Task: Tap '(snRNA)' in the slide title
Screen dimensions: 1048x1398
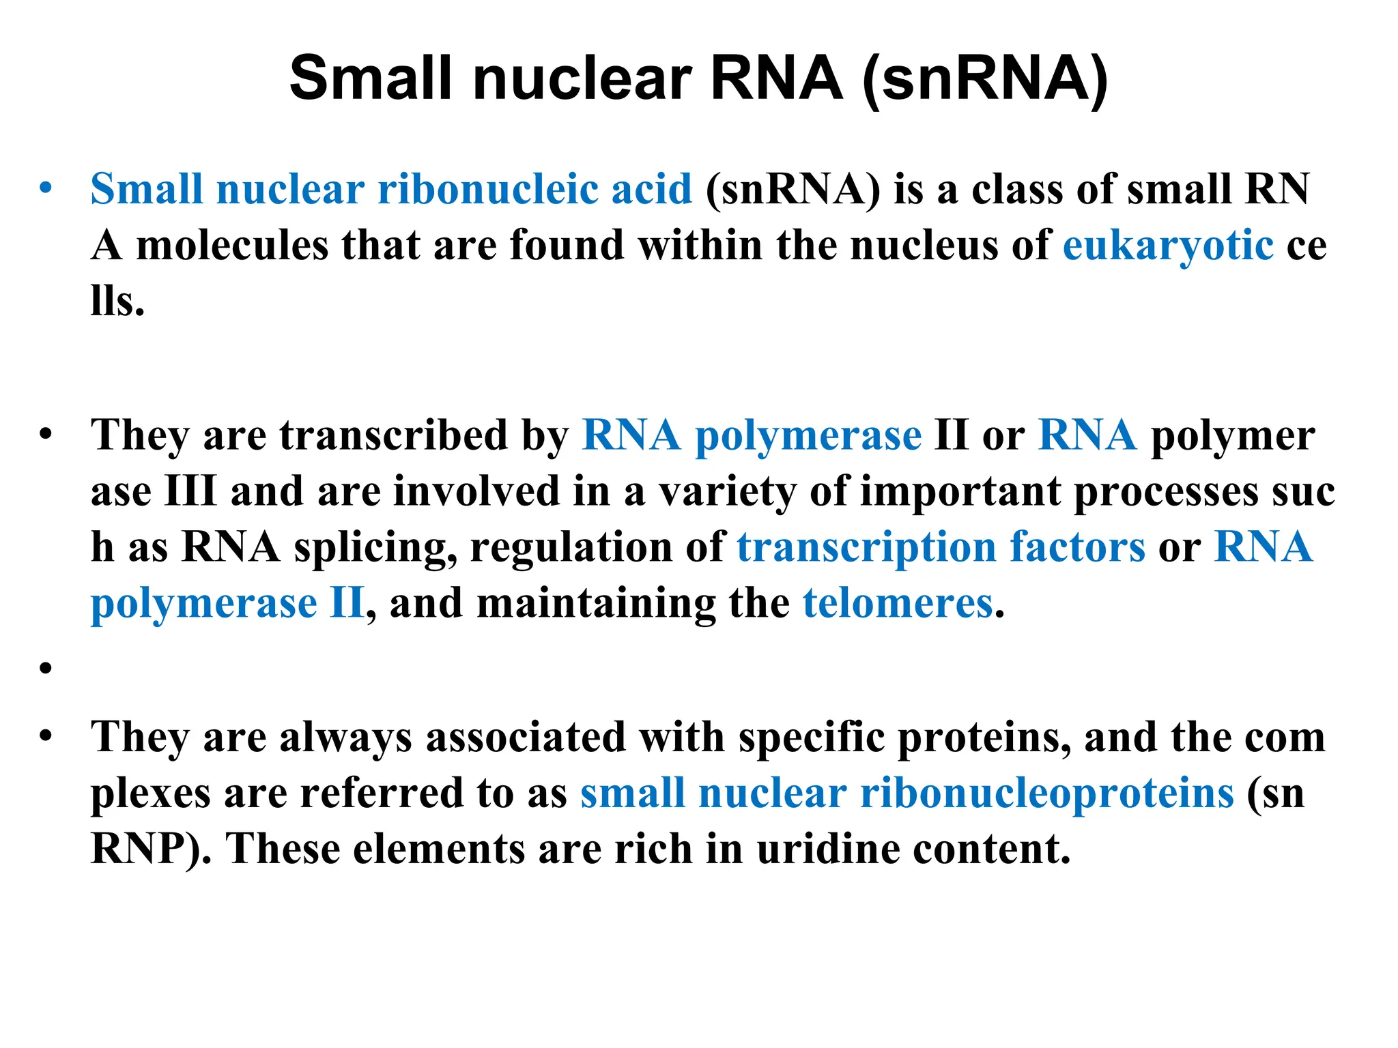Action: coord(985,80)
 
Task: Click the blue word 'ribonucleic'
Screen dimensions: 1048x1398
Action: coord(487,189)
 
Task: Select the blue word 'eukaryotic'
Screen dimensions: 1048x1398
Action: coord(1168,246)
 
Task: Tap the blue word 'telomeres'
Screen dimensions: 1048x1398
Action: coord(897,604)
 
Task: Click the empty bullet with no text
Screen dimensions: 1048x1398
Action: coord(46,668)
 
